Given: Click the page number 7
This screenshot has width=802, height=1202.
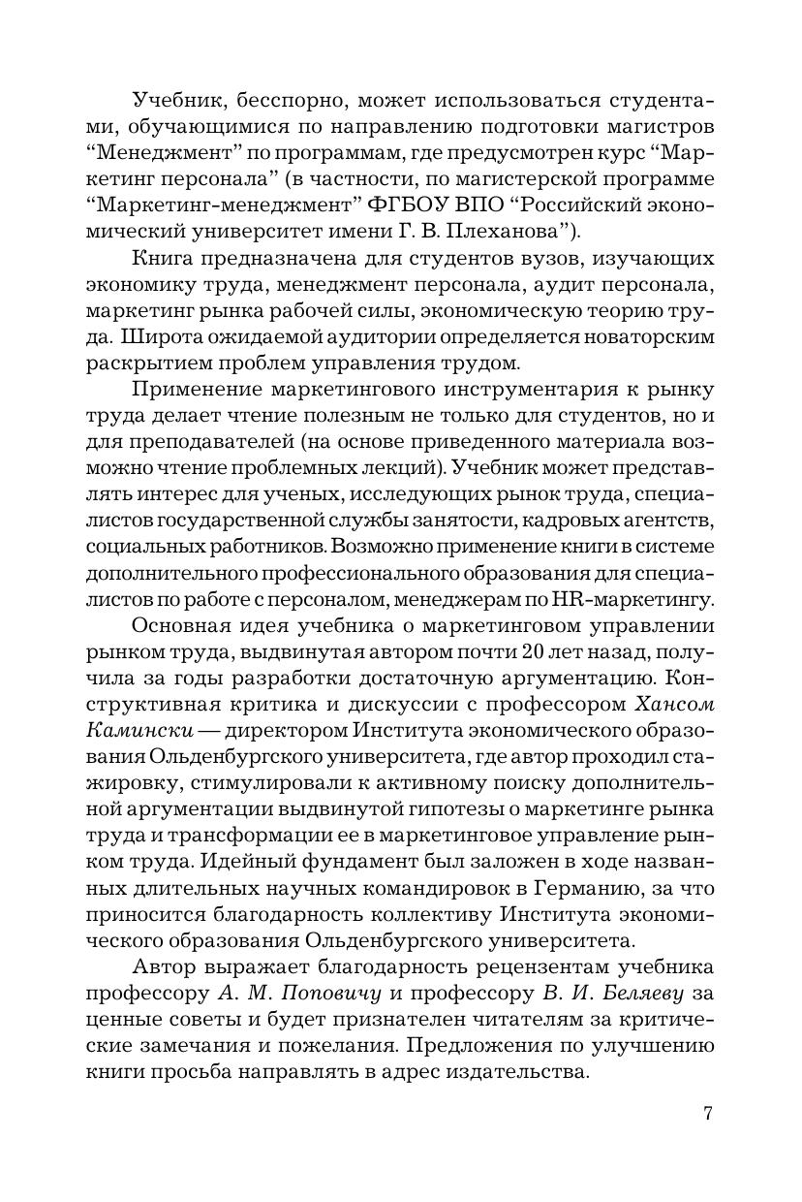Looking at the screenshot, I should [x=708, y=1113].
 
